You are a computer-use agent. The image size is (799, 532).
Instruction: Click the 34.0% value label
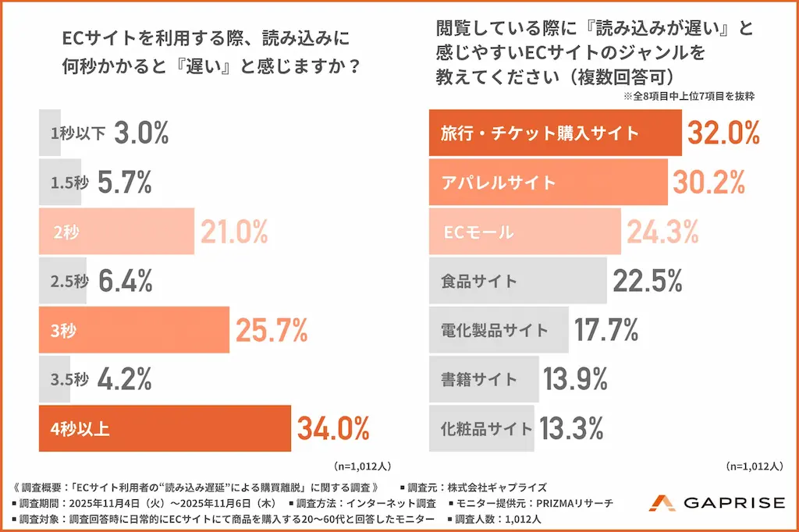(333, 428)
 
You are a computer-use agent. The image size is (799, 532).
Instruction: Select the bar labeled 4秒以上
(165, 428)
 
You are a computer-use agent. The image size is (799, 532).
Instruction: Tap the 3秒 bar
(134, 330)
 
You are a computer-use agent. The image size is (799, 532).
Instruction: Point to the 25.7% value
(272, 330)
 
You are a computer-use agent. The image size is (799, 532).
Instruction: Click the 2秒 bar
(117, 232)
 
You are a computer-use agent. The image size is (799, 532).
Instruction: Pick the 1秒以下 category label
(78, 133)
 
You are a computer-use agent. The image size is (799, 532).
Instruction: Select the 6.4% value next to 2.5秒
(126, 281)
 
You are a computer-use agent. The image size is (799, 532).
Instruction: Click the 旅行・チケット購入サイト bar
(556, 133)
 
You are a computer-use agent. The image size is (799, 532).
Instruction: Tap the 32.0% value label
(723, 133)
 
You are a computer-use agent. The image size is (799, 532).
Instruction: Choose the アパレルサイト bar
(549, 182)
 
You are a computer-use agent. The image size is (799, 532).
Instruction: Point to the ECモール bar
(525, 232)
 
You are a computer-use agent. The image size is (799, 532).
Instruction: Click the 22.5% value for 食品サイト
(648, 281)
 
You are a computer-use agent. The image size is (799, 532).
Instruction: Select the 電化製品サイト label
(494, 330)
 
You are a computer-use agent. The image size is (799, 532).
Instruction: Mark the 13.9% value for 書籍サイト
(575, 379)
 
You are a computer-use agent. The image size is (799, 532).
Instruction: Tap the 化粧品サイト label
(486, 428)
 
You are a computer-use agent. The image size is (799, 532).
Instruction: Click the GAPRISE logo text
(734, 503)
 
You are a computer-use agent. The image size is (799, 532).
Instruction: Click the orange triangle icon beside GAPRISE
(662, 503)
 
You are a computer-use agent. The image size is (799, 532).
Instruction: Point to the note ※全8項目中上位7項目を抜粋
(689, 96)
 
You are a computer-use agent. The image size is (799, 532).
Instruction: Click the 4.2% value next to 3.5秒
(125, 379)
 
